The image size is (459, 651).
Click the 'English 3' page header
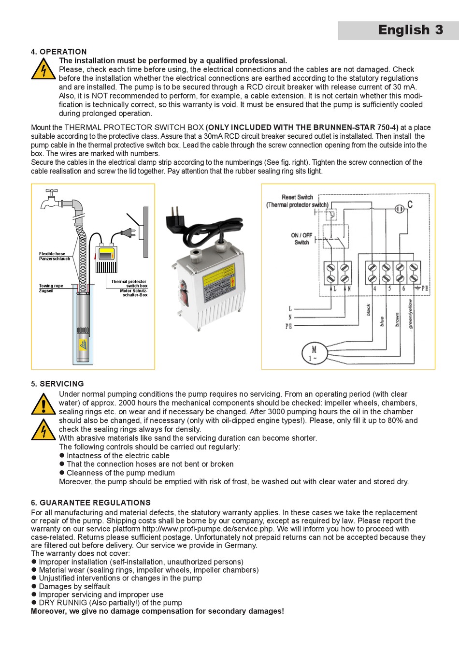410,30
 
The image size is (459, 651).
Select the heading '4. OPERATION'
58,52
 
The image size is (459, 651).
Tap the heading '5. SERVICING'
57,384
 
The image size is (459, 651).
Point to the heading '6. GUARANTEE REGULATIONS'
90,503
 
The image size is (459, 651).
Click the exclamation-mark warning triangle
43,404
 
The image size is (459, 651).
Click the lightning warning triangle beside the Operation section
43,69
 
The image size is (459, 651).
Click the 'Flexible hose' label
52,254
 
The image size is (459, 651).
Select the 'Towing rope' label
51,286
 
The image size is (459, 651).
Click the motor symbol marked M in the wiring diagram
314,353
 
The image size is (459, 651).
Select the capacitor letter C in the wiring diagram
410,204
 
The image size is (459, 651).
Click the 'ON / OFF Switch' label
301,239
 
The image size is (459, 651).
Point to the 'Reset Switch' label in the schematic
297,197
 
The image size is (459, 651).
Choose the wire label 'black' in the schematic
368,310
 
